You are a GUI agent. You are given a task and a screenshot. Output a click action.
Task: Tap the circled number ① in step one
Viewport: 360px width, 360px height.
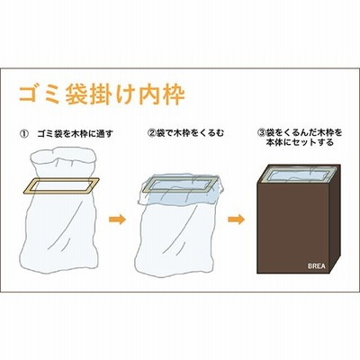(x=23, y=133)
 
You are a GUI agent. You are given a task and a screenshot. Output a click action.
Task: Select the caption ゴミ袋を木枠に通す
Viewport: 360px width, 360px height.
(x=75, y=133)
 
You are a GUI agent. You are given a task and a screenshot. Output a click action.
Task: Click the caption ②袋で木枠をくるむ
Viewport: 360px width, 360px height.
(x=186, y=133)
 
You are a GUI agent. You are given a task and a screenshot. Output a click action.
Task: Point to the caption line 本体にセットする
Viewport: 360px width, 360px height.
(x=300, y=142)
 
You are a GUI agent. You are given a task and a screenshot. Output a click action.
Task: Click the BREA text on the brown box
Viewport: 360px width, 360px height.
(x=317, y=266)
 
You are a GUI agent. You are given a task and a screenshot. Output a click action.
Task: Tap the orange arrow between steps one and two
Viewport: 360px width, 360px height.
(x=117, y=220)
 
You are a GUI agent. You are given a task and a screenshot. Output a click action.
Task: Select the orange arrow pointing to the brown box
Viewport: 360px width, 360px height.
(x=236, y=220)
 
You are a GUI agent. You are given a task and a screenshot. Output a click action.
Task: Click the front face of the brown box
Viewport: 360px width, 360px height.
(x=293, y=228)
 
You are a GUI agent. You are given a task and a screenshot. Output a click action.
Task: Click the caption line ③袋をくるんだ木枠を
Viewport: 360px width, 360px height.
(x=300, y=132)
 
